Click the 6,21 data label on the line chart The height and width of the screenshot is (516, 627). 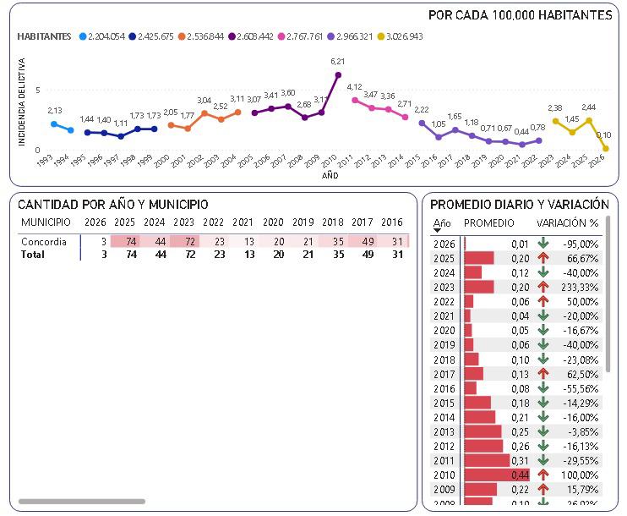point(338,61)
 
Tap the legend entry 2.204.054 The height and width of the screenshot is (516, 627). point(106,36)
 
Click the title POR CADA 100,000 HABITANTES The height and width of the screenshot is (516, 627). point(520,15)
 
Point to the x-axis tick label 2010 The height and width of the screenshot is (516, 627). point(328,161)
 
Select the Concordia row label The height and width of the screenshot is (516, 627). point(44,241)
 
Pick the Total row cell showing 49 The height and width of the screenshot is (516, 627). point(361,254)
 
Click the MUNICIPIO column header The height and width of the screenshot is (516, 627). point(46,222)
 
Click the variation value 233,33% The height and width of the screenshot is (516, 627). point(580,287)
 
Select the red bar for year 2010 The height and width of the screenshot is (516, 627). point(497,475)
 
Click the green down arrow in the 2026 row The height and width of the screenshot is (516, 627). point(543,244)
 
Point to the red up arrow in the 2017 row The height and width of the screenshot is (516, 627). point(543,373)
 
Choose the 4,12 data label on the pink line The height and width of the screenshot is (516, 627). point(355,86)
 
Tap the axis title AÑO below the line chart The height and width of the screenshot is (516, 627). point(330,176)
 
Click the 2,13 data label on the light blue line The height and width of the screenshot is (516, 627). point(55,111)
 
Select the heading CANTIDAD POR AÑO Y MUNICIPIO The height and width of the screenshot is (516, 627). point(113,205)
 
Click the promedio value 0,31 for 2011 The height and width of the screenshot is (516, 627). point(520,460)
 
